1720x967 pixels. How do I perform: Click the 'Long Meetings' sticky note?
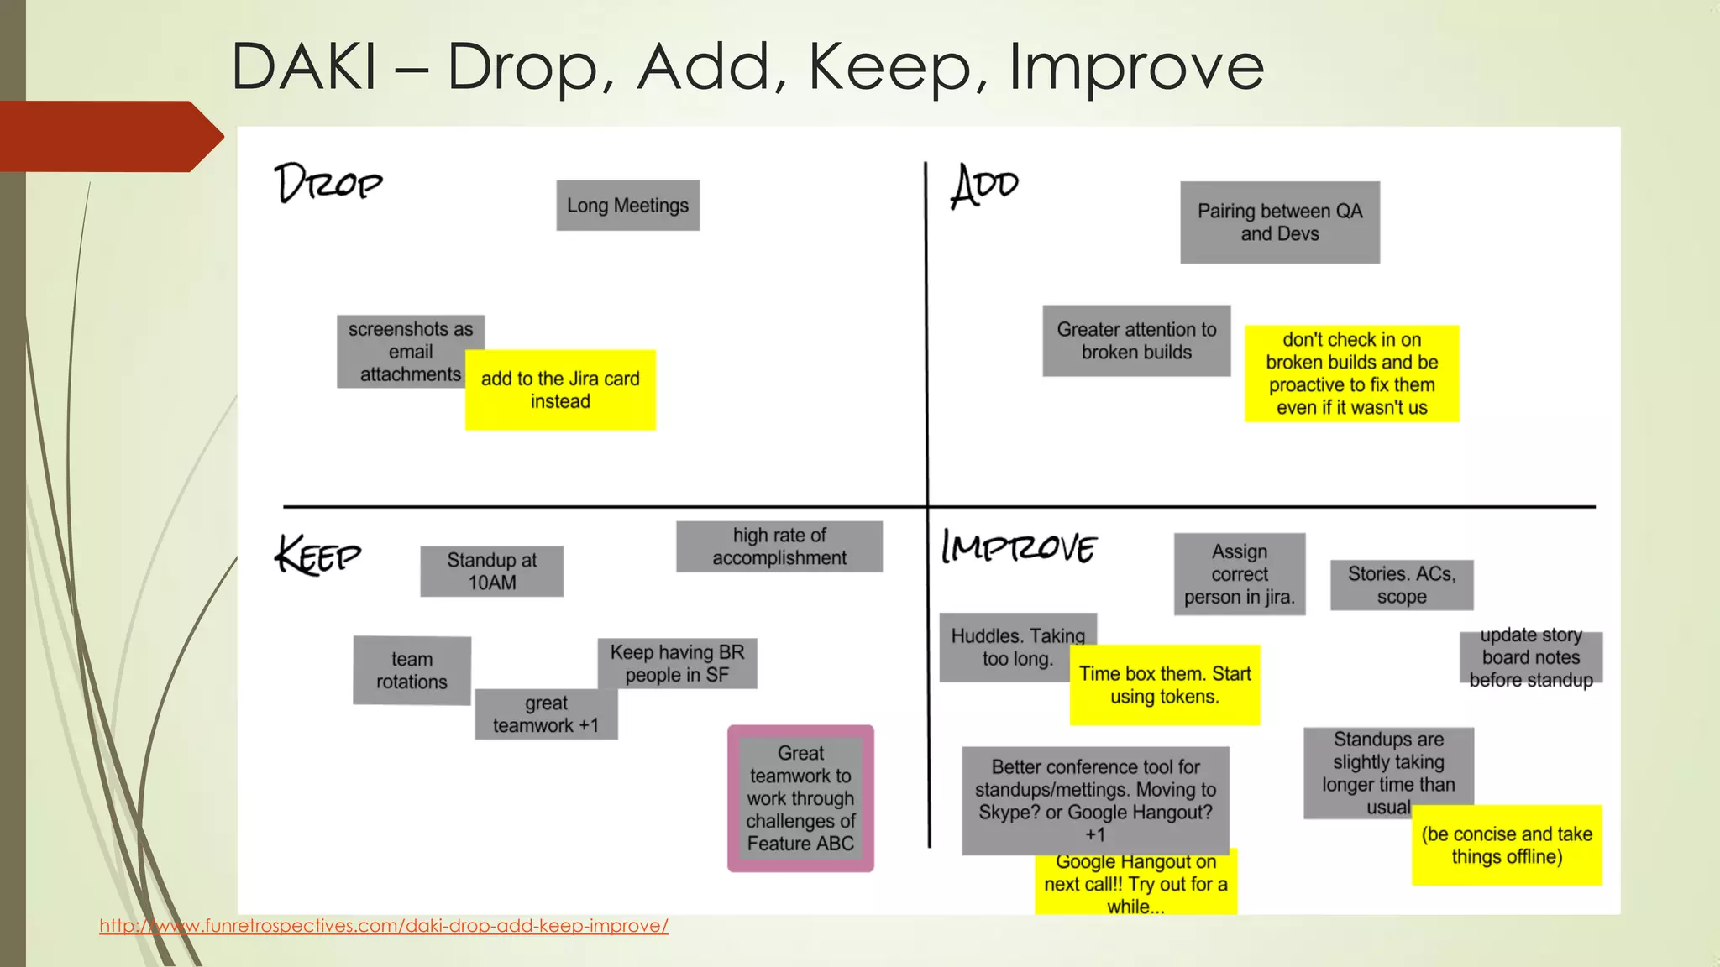click(627, 206)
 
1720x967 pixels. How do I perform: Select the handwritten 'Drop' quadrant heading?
click(328, 183)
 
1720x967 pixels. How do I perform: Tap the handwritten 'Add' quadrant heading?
click(984, 186)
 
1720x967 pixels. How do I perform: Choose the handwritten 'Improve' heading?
click(1019, 547)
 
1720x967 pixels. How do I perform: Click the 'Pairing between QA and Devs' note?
click(1279, 222)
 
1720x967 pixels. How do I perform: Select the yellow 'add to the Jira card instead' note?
click(560, 390)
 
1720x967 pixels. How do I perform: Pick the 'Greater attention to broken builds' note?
click(1136, 341)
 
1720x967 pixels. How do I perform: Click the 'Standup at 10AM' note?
click(491, 572)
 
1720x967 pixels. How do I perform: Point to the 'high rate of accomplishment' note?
click(779, 546)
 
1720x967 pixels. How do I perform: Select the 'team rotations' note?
click(412, 671)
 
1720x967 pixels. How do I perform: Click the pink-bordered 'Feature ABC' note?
click(800, 798)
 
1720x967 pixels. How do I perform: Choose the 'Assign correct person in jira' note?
click(1240, 574)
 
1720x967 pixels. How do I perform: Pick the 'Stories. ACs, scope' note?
click(1402, 585)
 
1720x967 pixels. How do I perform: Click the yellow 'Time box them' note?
click(1165, 685)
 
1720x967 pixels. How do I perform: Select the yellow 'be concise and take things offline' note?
click(1507, 845)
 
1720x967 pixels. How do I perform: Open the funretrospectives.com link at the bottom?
click(384, 926)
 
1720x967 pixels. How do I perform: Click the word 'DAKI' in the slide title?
click(304, 67)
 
